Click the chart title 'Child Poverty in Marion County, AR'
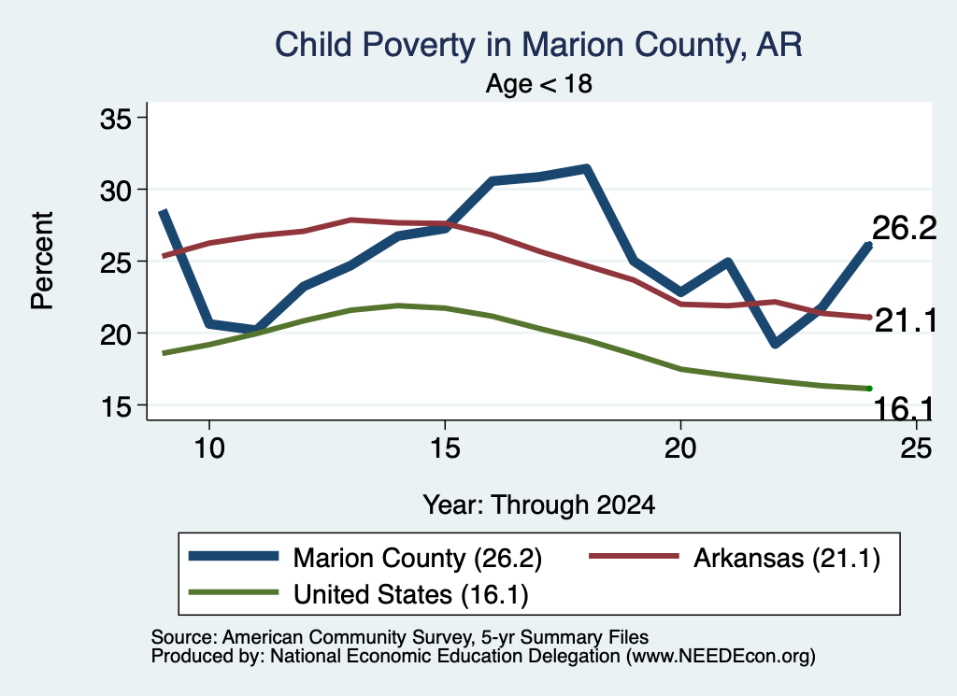[x=538, y=46]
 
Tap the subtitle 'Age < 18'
[x=539, y=83]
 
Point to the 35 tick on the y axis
[x=116, y=119]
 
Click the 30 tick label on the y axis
[x=116, y=191]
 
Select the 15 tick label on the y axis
[x=116, y=406]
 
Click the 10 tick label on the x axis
[x=209, y=448]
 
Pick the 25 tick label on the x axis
[x=916, y=448]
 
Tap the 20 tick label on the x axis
[x=680, y=448]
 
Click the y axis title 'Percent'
[x=42, y=261]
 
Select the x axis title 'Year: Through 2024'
[x=539, y=505]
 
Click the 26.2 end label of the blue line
[x=904, y=229]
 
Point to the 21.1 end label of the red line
[x=905, y=320]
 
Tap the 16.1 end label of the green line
[x=904, y=408]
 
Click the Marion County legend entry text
[x=418, y=558]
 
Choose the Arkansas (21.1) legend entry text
[x=787, y=558]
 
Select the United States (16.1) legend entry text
[x=411, y=595]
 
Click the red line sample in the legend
[x=634, y=556]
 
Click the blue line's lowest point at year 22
[x=775, y=344]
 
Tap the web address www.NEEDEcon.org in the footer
[x=721, y=657]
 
